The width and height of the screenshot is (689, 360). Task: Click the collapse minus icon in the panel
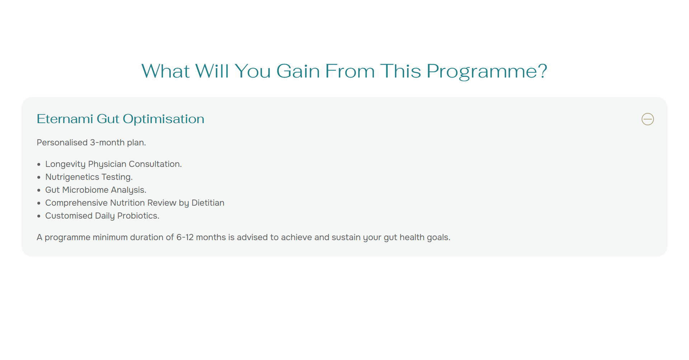point(648,119)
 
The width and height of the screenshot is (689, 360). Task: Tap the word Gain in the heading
point(298,71)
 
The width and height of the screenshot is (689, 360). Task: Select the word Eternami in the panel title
point(65,119)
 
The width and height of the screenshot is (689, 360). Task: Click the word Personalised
point(62,142)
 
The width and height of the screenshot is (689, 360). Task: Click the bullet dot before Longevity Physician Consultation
point(39,165)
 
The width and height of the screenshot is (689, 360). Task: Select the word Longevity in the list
point(65,164)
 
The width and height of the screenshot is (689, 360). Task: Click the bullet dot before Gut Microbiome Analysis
point(39,191)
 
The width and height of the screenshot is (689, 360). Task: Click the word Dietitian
point(208,203)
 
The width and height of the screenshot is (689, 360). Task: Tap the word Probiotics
point(138,216)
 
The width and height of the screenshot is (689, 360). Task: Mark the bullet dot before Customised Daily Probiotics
point(39,216)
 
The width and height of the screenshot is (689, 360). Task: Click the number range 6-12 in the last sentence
point(185,237)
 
